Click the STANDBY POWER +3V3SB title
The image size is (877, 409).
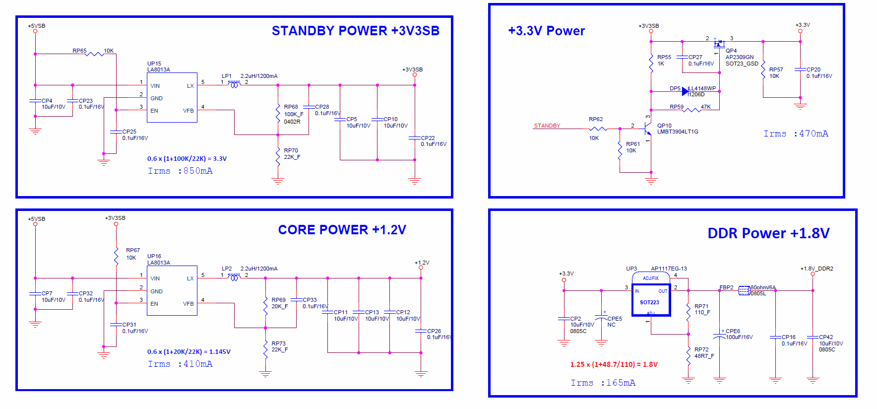coord(355,31)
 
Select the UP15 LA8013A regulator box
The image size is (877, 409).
coord(172,97)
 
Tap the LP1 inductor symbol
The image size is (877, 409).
coord(234,85)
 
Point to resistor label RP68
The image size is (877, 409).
coord(291,107)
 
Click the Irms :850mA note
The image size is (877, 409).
coord(180,171)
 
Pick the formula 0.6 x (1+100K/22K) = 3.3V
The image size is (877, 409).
coord(187,159)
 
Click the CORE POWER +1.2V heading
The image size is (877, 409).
coord(342,230)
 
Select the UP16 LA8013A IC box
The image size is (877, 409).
coord(172,290)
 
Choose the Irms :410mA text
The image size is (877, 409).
coord(180,364)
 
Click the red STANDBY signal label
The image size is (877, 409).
coord(547,126)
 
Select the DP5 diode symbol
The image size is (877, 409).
coord(685,91)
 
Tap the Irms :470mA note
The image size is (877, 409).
coord(796,134)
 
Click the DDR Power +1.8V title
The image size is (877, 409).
coord(768,233)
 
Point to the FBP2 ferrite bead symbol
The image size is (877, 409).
coord(744,291)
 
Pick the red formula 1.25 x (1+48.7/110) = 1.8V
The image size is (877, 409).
coord(614,364)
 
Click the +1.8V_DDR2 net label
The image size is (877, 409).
coord(816,269)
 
